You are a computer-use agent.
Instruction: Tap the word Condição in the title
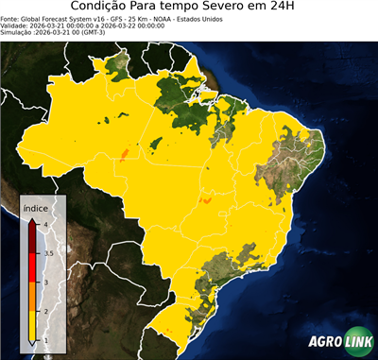[107, 9]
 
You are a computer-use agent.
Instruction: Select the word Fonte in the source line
[10, 19]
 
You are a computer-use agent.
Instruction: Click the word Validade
[16, 26]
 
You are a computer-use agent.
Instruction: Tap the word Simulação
[18, 33]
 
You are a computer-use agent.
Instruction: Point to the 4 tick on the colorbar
[45, 224]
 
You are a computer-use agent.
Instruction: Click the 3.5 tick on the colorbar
[48, 253]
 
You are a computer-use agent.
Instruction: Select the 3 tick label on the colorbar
[45, 283]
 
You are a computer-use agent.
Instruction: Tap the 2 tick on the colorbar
[45, 312]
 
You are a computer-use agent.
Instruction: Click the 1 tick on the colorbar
[45, 341]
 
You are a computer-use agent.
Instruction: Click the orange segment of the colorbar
[34, 297]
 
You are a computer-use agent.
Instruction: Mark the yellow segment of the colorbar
[34, 326]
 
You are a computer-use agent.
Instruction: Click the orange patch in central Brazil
[207, 200]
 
